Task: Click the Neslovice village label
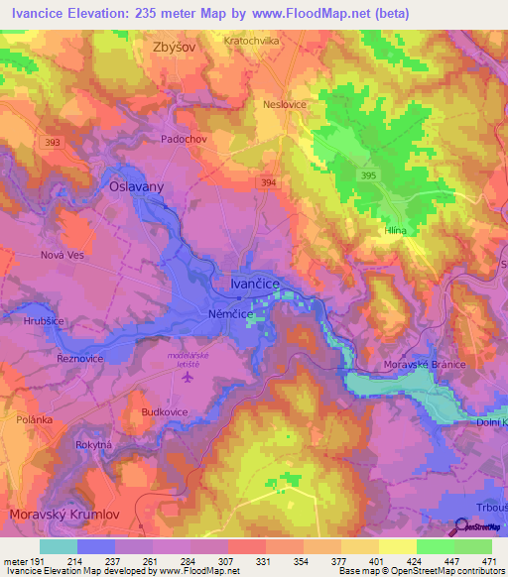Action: pos(313,103)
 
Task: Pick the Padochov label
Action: pos(184,140)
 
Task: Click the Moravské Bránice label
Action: pos(425,365)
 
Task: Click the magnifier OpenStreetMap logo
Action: pos(460,527)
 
